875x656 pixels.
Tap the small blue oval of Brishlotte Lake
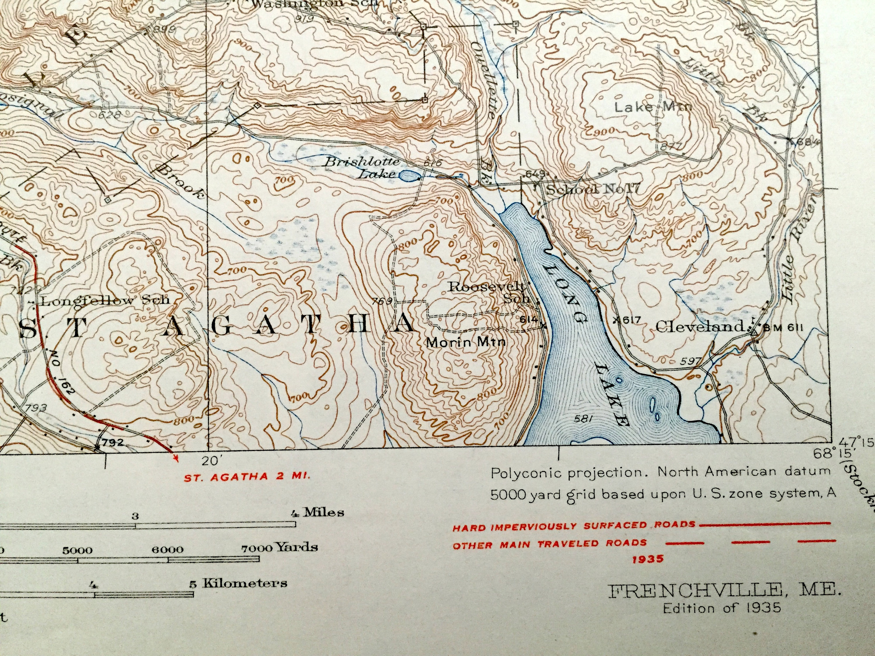tap(409, 176)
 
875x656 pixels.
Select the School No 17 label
tap(592, 190)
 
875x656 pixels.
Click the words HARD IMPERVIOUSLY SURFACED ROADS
tap(574, 526)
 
